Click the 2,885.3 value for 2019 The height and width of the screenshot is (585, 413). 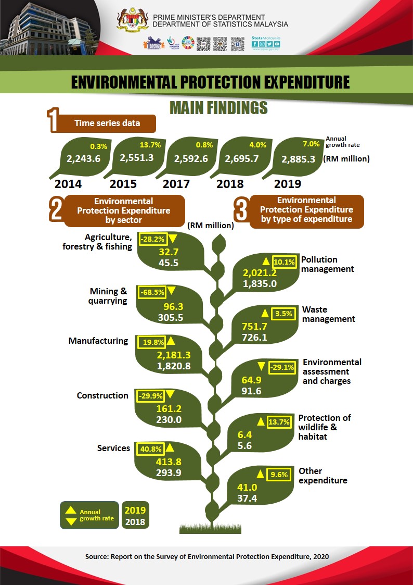(298, 159)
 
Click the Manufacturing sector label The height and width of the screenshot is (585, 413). (98, 341)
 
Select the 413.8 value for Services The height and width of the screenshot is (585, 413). (168, 462)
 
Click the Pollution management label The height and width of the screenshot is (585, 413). (327, 264)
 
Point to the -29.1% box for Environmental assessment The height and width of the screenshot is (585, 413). (281, 367)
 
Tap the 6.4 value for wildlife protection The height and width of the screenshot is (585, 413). (244, 434)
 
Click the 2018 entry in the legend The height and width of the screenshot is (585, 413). (135, 521)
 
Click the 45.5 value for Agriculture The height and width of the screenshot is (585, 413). (168, 263)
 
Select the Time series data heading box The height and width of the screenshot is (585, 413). (107, 123)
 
